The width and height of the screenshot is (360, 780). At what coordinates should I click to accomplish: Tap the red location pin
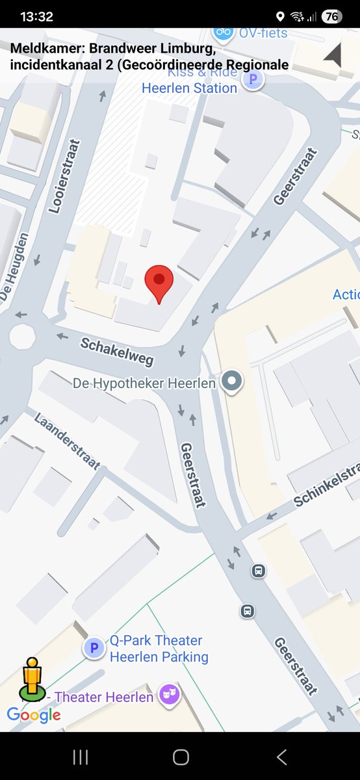point(159,281)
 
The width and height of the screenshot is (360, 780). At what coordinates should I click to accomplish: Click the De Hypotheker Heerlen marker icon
point(231,382)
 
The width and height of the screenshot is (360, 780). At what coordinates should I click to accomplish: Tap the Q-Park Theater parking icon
point(94,647)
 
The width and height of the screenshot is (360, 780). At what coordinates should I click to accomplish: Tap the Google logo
point(34,715)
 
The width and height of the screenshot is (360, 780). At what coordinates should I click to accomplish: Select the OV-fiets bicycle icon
point(224,32)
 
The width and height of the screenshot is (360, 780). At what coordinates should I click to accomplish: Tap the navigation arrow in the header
point(333,55)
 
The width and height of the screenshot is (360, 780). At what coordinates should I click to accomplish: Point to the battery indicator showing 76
point(331,17)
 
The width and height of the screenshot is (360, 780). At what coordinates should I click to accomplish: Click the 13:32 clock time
point(36,17)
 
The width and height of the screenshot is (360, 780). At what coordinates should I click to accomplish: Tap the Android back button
point(281,757)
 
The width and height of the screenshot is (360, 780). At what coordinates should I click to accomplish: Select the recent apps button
point(81,757)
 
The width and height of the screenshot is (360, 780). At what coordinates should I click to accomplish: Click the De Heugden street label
point(14,267)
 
